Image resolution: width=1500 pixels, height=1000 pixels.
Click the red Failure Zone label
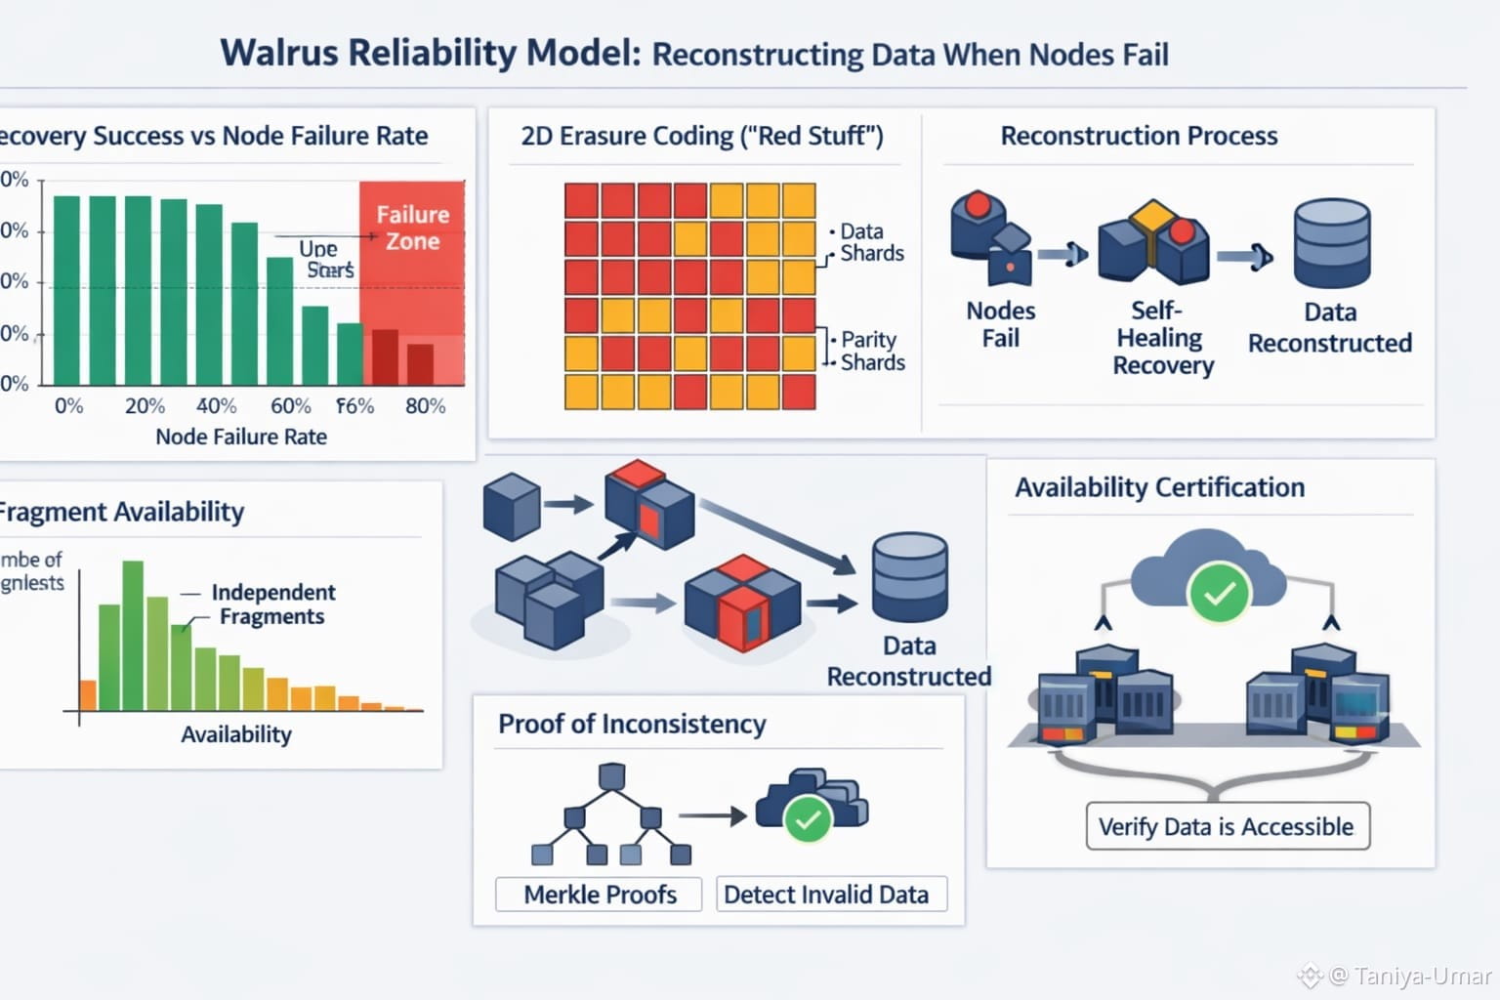[412, 228]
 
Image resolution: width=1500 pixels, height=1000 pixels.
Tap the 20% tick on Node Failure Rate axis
[145, 405]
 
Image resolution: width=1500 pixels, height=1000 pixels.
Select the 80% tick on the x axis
[425, 405]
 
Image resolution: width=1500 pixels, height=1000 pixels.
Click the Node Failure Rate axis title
[241, 437]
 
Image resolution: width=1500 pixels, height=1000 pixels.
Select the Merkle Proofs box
[599, 894]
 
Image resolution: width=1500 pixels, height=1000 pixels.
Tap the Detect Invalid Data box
[826, 894]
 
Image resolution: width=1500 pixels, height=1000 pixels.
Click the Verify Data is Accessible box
[1227, 826]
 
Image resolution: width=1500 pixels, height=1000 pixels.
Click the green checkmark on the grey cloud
[1219, 592]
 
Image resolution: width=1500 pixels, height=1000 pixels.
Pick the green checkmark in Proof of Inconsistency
[808, 819]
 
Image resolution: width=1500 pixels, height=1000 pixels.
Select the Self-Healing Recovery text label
[1161, 337]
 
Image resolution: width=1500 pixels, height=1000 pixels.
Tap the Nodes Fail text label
[1000, 324]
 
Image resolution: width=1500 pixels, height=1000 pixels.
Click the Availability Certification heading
[1159, 487]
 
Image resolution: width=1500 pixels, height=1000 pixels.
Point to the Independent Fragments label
[272, 604]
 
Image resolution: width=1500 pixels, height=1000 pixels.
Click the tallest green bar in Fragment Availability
[133, 635]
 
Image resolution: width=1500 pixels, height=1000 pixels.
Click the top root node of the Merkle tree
[611, 776]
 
